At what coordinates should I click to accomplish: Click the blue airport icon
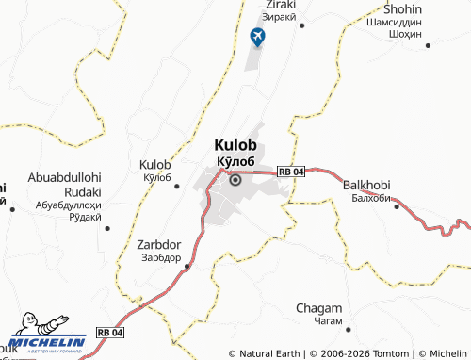tap(256, 37)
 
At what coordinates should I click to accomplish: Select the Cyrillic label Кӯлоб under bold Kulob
tap(235, 160)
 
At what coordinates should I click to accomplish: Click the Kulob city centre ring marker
tap(235, 179)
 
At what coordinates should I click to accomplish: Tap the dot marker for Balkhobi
tap(395, 205)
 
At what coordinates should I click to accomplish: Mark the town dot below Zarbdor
tap(187, 266)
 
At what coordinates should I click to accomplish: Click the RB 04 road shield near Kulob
tap(291, 171)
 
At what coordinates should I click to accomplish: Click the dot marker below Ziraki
tap(301, 26)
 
